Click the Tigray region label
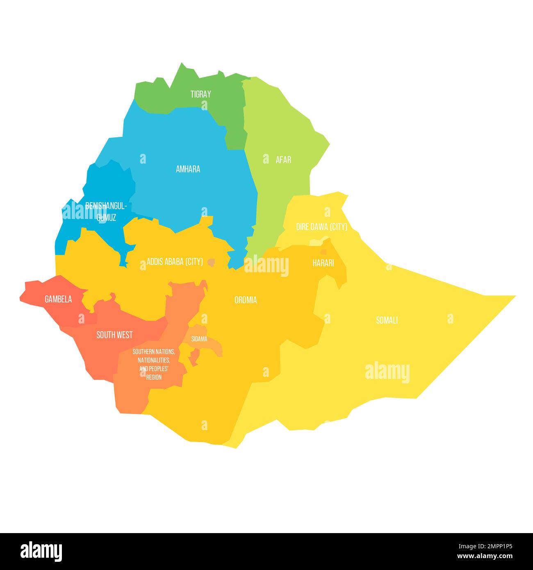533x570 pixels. click(200, 94)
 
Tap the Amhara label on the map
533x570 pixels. click(188, 169)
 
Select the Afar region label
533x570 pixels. click(283, 160)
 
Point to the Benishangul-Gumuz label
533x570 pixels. click(106, 211)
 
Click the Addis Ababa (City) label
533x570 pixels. click(175, 262)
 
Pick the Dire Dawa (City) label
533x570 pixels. click(321, 227)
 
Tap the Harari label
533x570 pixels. click(323, 263)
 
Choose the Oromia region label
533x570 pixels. click(246, 300)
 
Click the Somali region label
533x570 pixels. click(387, 320)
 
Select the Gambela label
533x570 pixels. click(58, 299)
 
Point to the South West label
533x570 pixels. click(114, 335)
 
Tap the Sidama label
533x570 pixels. click(199, 339)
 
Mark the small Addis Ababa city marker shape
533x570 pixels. click(211, 262)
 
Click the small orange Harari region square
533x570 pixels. click(323, 252)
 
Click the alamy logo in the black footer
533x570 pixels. click(41, 552)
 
